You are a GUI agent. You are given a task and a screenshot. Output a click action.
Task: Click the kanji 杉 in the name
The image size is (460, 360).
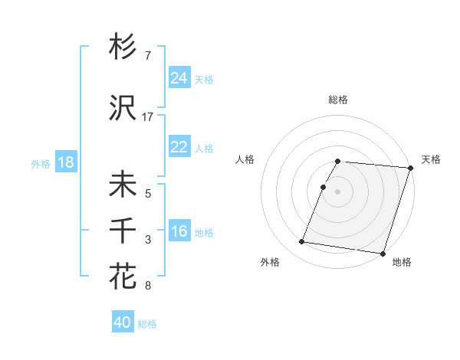(123, 47)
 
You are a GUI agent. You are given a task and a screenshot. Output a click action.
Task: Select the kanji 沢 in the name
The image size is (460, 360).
(123, 109)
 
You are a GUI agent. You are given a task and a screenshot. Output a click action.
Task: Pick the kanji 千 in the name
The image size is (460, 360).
(123, 230)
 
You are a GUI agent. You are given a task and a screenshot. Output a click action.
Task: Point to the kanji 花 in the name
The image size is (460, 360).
(123, 275)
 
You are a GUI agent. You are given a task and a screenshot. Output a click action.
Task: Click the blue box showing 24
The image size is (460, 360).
(179, 78)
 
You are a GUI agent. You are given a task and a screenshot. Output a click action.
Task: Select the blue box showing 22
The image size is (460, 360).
(179, 147)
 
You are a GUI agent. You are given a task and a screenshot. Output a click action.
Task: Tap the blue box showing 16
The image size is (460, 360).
(179, 231)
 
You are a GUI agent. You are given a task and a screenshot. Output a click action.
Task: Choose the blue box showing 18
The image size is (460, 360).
(65, 162)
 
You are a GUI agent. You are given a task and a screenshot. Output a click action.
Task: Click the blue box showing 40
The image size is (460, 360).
(123, 322)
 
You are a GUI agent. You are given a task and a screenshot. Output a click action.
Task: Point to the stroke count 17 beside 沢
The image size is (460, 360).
(148, 117)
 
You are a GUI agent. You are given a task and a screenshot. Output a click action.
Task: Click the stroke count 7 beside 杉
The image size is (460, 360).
(147, 57)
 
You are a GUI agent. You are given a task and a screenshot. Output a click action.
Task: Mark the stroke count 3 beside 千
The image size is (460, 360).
(147, 240)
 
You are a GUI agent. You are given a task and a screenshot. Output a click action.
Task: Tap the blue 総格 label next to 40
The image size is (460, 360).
(147, 324)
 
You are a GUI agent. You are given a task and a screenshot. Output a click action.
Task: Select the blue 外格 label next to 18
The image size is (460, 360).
(41, 163)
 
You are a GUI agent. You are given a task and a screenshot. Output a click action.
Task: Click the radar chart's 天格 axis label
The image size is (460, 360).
(431, 159)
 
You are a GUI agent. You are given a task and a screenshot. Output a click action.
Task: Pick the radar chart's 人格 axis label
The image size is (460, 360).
(245, 159)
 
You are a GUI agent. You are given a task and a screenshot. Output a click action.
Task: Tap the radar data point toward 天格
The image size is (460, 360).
(411, 168)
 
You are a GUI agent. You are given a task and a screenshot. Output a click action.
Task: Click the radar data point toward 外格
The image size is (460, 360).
(302, 242)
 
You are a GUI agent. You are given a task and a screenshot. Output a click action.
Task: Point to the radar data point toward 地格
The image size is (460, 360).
(382, 253)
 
